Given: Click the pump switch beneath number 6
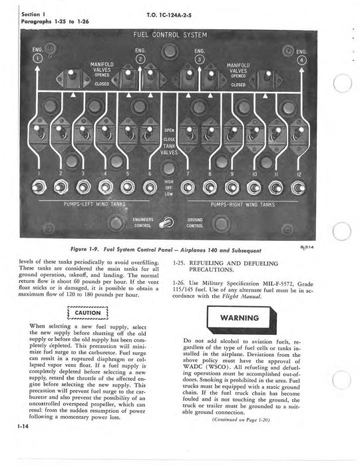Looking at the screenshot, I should pyautogui.click(x=150, y=187).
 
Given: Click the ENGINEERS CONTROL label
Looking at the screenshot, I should pyautogui.click(x=142, y=222).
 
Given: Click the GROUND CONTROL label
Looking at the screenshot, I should pyautogui.click(x=195, y=222).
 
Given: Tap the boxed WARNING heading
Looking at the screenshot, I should pyautogui.click(x=246, y=317).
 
